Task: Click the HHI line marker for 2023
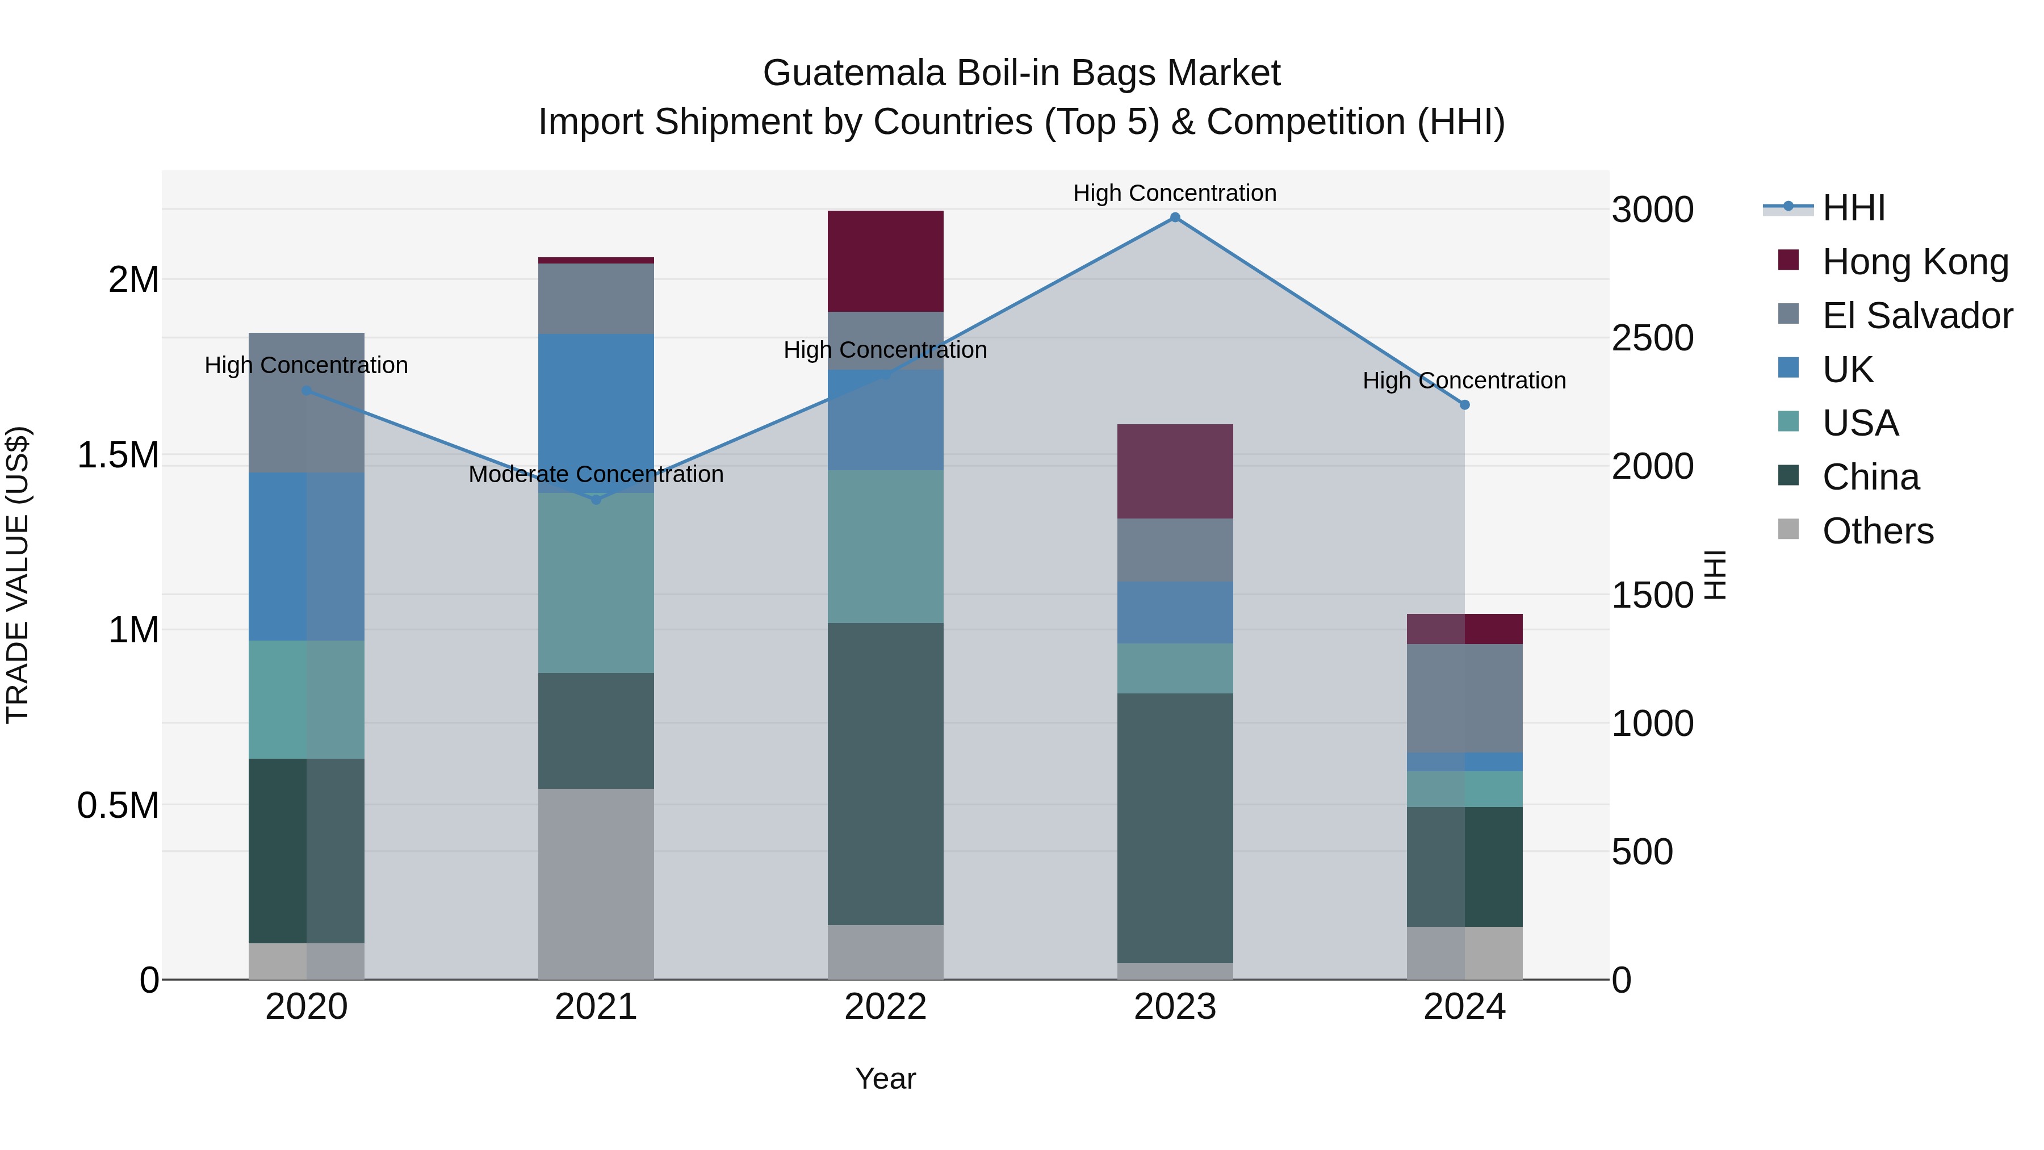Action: (x=1175, y=218)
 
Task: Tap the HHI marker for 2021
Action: (x=596, y=499)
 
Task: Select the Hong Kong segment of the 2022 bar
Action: (x=886, y=261)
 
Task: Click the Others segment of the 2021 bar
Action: (x=596, y=883)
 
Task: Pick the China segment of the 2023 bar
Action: (x=1175, y=828)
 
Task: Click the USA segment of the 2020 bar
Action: (x=306, y=699)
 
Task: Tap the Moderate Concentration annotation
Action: (x=596, y=475)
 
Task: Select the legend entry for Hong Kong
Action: (x=1914, y=262)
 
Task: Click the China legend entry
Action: (x=1870, y=477)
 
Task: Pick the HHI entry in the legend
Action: (x=1853, y=208)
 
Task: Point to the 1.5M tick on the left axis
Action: (x=118, y=455)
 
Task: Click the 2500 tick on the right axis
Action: (x=1652, y=338)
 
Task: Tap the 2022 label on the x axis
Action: (x=886, y=1007)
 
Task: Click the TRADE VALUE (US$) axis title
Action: (x=18, y=575)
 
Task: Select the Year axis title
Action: (x=886, y=1078)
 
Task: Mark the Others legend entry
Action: (x=1878, y=531)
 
